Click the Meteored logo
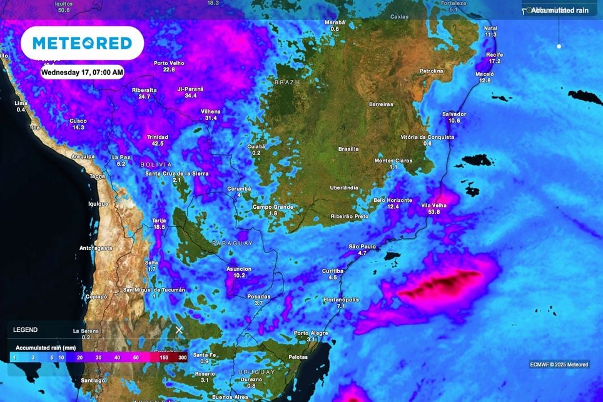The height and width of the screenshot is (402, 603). click(x=82, y=43)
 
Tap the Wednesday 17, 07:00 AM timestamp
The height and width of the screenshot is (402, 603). click(x=82, y=73)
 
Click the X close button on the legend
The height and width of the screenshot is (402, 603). click(x=179, y=329)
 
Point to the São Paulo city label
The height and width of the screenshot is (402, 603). click(x=362, y=246)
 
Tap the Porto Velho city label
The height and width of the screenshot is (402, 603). click(x=168, y=63)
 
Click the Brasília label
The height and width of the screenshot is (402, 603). click(x=348, y=149)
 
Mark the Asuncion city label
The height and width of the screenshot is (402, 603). click(x=238, y=269)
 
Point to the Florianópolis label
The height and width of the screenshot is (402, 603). click(x=341, y=299)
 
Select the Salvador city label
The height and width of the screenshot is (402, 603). click(x=454, y=114)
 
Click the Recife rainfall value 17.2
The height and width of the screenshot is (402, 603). click(x=494, y=61)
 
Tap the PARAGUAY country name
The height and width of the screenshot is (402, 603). click(x=233, y=243)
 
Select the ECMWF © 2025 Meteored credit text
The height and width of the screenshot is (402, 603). click(x=559, y=364)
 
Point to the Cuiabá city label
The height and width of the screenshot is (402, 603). click(x=256, y=146)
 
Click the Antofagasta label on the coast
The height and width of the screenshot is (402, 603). click(x=96, y=248)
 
